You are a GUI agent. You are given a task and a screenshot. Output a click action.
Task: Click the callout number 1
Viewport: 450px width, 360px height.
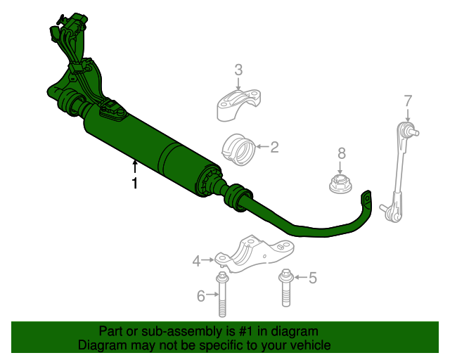[134, 184]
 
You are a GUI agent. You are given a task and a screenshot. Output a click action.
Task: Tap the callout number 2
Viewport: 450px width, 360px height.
[274, 147]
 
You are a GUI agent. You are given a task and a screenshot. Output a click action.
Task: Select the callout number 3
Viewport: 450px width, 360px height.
[238, 70]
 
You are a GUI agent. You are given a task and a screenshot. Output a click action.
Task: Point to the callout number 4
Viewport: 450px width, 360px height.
[197, 262]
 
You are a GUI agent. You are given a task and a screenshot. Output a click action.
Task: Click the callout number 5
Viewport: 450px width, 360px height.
[312, 278]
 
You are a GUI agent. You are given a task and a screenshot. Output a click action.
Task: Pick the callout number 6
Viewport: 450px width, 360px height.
[201, 296]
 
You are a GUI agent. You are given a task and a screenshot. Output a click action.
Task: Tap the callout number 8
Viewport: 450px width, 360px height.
[342, 153]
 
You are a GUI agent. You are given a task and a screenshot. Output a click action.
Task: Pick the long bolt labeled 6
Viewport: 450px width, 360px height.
[222, 297]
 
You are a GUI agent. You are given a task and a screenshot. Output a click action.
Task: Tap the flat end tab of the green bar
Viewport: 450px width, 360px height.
[366, 199]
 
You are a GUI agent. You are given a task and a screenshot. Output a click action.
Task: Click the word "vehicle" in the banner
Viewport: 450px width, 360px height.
[309, 345]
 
